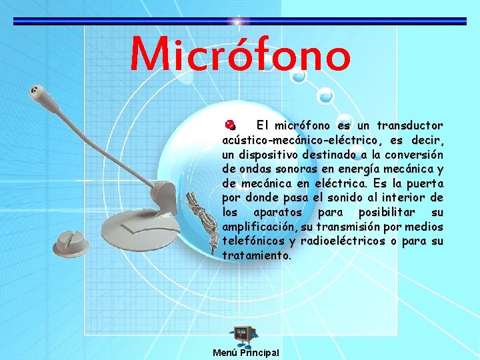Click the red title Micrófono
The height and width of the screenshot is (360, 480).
(240, 55)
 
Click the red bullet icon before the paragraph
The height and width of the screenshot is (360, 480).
(229, 125)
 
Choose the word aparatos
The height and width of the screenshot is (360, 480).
(274, 213)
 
